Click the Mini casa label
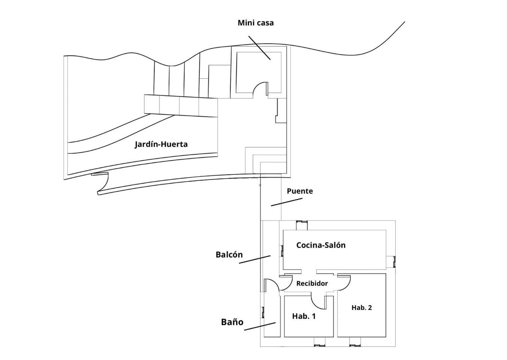pos(256,23)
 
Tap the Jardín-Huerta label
pos(161,144)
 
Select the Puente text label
pos(300,191)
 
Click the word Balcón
pos(229,255)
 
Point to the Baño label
pos(232,322)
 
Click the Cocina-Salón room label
pos(321,245)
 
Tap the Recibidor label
pos(312,283)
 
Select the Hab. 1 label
pos(304,316)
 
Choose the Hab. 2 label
pos(362,307)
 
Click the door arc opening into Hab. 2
pos(347,285)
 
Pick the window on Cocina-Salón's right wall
pos(394,261)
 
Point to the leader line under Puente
pos(287,202)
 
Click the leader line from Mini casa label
pos(259,48)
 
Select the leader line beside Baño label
pos(260,326)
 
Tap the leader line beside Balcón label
pos(255,259)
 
